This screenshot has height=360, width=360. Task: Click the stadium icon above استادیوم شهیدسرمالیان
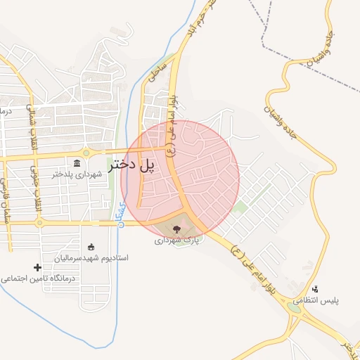point(91,247)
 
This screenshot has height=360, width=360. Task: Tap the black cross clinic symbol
point(38,267)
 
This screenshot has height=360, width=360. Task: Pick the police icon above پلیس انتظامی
point(315,289)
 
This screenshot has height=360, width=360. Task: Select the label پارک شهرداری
point(178,240)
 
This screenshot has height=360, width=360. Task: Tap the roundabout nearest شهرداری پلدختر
point(86,153)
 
